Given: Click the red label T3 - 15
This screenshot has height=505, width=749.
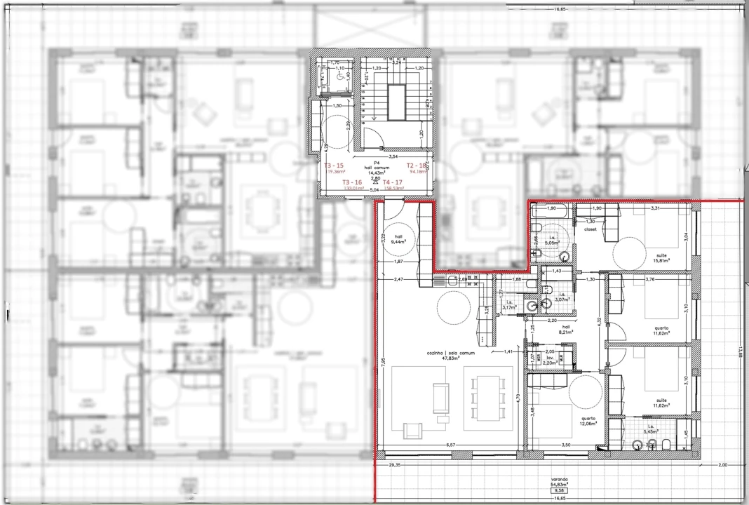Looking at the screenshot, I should (x=334, y=166).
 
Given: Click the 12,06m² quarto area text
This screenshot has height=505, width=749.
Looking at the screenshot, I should (x=588, y=424).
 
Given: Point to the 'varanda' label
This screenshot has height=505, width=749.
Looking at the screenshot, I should (x=559, y=480).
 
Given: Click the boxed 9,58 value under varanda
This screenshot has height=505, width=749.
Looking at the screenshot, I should (x=559, y=491).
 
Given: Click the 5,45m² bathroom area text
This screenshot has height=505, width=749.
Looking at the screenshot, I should (x=651, y=432).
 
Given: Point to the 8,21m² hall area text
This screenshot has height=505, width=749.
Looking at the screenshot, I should (x=566, y=332).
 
